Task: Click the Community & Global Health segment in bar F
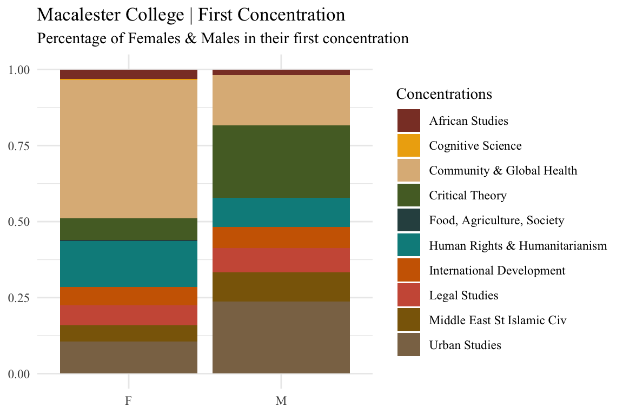coord(129,149)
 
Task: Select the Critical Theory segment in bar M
coord(281,161)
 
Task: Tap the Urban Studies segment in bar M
coord(281,337)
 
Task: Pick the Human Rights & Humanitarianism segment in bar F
coord(129,264)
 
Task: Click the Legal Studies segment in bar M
coord(281,260)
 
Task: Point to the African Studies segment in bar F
coord(129,74)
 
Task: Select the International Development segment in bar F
coord(129,296)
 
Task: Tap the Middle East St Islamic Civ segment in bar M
coord(281,286)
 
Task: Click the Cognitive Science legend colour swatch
coord(409,145)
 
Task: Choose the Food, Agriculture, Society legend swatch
coord(409,220)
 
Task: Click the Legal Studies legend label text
coord(463,296)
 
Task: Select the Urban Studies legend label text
coord(465,345)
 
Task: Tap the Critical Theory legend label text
coord(468,196)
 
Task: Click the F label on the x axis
coord(129,401)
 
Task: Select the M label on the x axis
coord(281,401)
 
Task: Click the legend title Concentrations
coord(444,94)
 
